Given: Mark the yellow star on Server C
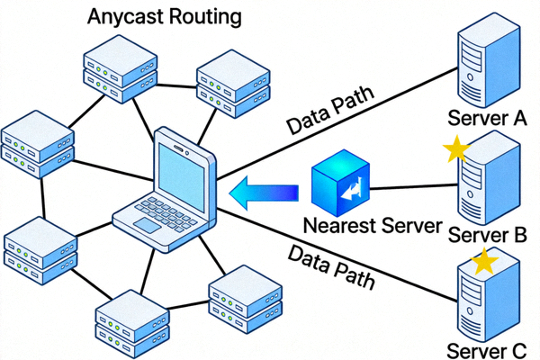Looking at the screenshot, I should click(x=485, y=262).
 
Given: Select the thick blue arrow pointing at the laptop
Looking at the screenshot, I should click(x=264, y=192).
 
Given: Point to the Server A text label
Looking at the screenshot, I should click(x=486, y=117).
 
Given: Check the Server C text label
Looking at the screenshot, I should click(x=486, y=349).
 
